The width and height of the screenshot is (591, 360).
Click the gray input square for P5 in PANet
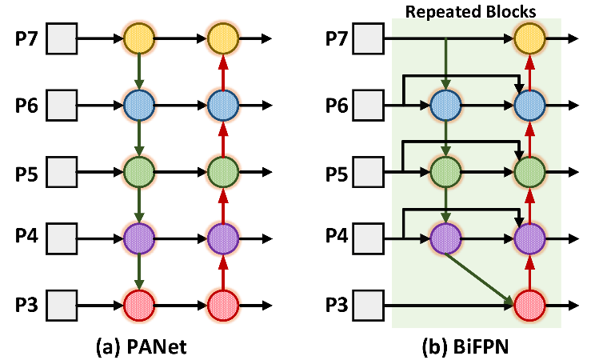click(61, 171)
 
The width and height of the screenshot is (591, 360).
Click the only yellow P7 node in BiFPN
click(528, 38)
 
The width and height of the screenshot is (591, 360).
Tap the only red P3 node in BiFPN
click(528, 305)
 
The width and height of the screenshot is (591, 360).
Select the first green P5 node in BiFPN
click(445, 171)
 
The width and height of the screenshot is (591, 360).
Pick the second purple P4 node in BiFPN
click(528, 238)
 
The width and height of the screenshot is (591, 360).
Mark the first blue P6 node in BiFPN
click(445, 104)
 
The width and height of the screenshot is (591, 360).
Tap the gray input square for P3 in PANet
click(61, 305)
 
